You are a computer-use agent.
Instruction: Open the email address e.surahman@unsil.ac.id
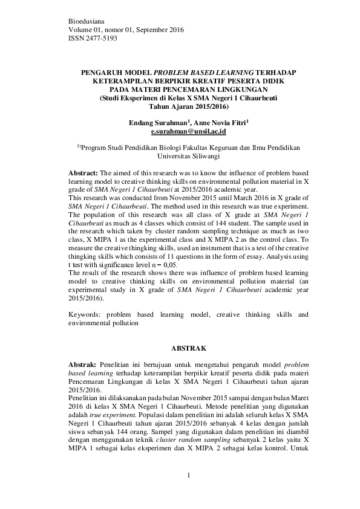click(x=188, y=131)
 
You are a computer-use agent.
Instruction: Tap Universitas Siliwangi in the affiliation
click(x=188, y=155)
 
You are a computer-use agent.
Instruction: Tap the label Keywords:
click(x=84, y=315)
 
